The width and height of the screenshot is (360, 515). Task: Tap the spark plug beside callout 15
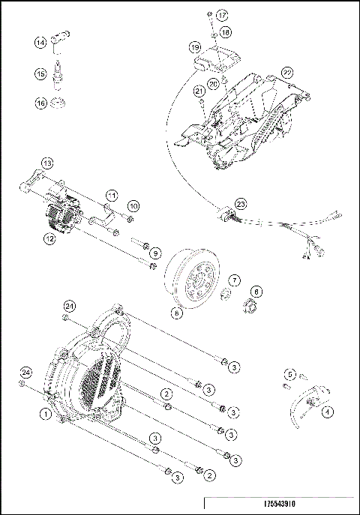coord(59,75)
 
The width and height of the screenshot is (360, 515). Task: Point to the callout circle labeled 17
coord(222,15)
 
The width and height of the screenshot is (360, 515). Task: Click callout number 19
coord(194,47)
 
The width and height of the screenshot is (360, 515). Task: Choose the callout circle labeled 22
coord(286,72)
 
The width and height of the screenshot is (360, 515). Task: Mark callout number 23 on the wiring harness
coord(240,203)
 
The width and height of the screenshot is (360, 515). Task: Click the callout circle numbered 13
coord(46,163)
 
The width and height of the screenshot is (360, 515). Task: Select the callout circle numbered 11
coord(111,195)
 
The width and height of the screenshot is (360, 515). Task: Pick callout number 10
coord(133,205)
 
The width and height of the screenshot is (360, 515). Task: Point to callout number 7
coord(235,280)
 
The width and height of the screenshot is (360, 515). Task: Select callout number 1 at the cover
coord(46,413)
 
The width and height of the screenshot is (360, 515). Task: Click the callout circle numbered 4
coord(327,411)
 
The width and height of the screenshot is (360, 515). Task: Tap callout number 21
coord(199,91)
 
